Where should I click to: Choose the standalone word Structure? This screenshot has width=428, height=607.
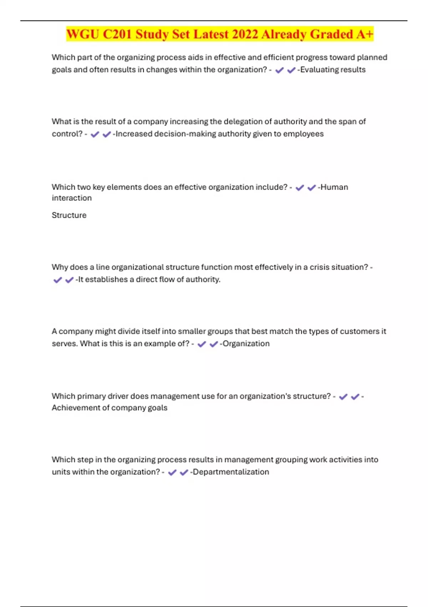69,215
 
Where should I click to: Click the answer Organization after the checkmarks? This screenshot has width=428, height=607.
246,343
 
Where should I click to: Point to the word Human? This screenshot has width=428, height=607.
334,187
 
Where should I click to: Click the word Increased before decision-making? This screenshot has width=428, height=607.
134,134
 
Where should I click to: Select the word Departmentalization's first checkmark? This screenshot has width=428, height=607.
172,472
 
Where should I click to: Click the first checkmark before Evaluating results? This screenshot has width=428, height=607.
279,70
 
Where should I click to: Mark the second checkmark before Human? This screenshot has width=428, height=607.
311,187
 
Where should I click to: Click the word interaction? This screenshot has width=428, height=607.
72,198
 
